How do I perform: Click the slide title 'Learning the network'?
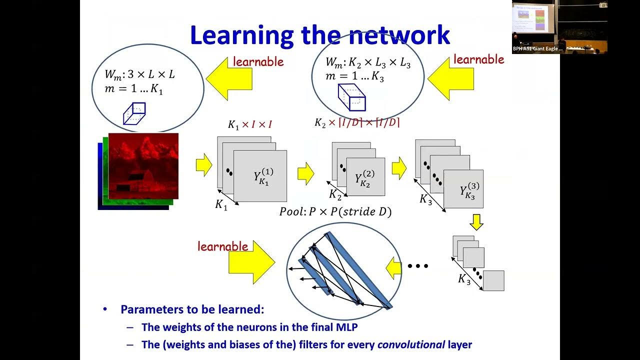tap(320, 35)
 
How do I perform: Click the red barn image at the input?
tap(143, 166)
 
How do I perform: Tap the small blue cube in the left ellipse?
tap(134, 113)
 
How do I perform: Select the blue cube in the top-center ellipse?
tap(351, 97)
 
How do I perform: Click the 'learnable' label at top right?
tap(478, 59)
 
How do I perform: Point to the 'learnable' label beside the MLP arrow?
tap(222, 246)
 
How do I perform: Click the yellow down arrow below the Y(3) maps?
tap(476, 221)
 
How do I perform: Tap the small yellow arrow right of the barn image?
tap(203, 165)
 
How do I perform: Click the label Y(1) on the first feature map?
tap(263, 177)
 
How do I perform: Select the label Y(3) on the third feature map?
tap(469, 190)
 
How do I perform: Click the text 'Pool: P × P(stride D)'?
tap(335, 211)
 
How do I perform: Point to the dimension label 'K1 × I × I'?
tap(249, 124)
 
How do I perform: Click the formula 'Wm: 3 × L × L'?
tap(139, 74)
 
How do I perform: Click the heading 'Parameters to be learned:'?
tap(192, 309)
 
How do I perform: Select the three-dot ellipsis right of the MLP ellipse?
tap(418, 266)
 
